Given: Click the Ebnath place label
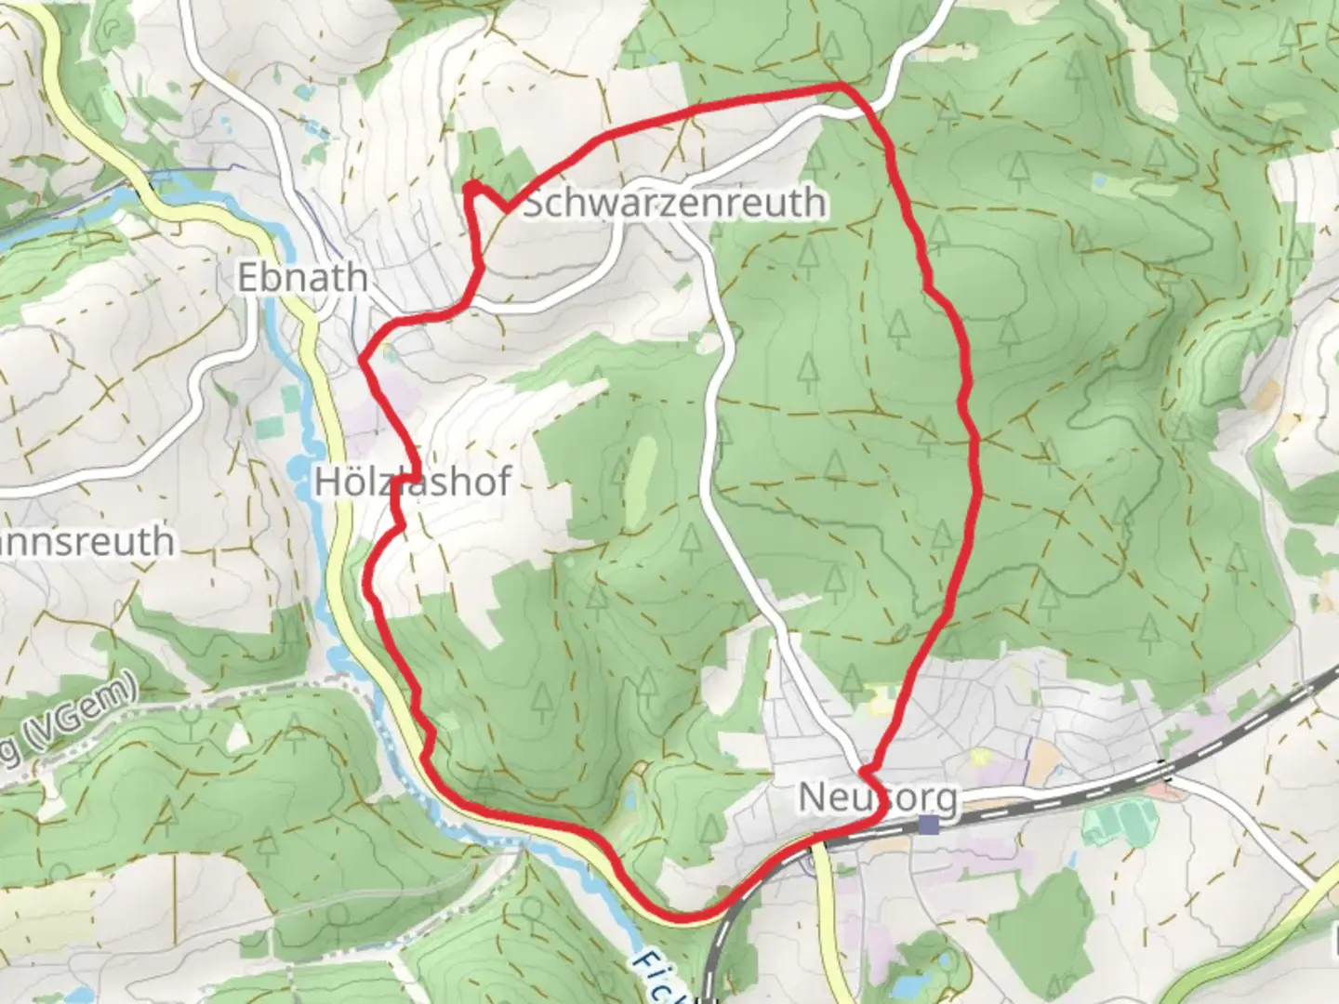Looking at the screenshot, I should [x=302, y=278].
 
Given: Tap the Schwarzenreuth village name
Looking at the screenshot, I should [x=674, y=202].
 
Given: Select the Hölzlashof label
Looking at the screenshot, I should [x=413, y=482].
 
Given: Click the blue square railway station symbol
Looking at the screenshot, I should [x=927, y=825].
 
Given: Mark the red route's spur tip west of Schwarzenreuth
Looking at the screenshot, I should [x=471, y=188].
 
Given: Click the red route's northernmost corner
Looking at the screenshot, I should [x=842, y=86].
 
